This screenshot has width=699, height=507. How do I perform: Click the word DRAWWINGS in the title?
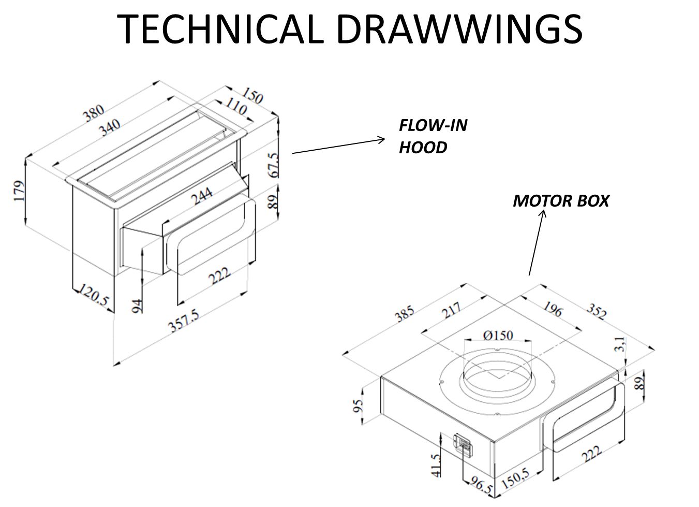460,29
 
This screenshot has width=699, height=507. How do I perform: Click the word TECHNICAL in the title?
224,29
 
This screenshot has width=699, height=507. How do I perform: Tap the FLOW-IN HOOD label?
433,136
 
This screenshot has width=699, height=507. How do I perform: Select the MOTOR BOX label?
561,201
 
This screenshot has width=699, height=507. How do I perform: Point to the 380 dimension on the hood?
95,115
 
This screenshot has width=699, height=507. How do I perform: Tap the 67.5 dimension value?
273,165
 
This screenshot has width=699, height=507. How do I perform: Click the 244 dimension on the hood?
202,196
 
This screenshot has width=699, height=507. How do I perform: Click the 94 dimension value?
138,305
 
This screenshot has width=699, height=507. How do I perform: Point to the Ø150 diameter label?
498,335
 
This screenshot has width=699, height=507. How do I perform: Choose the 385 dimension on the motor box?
405,313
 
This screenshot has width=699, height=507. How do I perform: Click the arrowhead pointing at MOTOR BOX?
543,212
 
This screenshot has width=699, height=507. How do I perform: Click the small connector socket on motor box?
463,444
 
